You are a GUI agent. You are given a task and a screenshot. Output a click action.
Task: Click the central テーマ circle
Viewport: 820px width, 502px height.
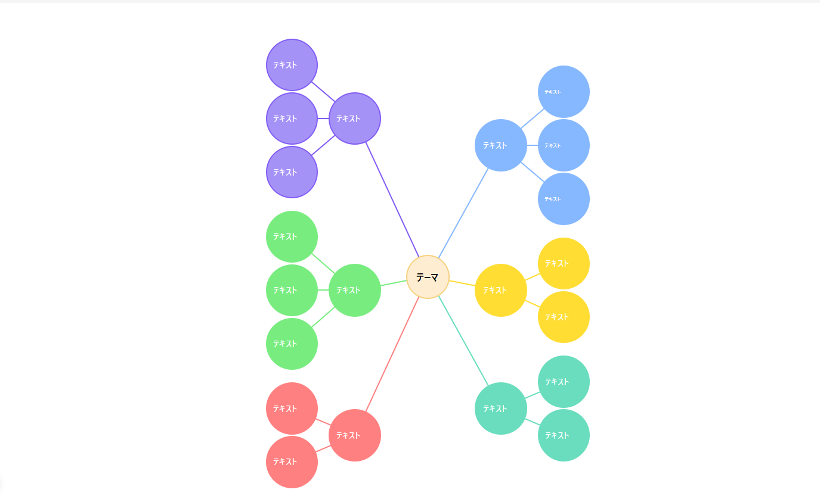tap(428, 277)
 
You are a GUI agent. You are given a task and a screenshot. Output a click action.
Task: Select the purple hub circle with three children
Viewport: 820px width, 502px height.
tap(355, 119)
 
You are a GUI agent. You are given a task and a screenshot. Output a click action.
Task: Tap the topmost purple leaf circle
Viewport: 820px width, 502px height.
tap(292, 65)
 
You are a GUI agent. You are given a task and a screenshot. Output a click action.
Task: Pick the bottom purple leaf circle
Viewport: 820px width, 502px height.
tap(292, 172)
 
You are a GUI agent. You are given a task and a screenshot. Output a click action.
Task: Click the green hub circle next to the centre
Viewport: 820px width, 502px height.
tap(355, 290)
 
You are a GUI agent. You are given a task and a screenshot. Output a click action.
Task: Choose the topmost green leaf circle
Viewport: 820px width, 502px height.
tap(292, 236)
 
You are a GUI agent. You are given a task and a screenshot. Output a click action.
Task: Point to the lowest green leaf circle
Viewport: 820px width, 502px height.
tap(292, 344)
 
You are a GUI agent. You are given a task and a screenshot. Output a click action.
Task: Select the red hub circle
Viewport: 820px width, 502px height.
tap(355, 435)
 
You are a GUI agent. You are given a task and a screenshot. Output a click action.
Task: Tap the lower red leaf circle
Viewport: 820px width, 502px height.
tap(292, 462)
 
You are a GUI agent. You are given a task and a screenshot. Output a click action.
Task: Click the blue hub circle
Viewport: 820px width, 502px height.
tap(501, 145)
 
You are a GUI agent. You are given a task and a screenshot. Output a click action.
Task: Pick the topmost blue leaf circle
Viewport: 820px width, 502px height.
tap(564, 92)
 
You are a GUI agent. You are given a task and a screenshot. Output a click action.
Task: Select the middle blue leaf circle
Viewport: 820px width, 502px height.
tap(564, 145)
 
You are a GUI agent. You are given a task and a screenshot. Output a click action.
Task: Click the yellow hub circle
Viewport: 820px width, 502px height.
tap(501, 290)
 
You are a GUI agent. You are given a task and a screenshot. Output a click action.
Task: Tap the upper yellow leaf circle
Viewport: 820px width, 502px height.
tap(564, 263)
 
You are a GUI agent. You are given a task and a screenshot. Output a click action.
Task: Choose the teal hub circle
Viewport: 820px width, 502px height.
tap(501, 409)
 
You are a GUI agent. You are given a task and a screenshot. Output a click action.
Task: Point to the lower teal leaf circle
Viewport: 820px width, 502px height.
tap(564, 435)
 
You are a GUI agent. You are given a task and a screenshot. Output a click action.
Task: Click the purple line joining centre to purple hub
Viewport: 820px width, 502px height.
tap(392, 199)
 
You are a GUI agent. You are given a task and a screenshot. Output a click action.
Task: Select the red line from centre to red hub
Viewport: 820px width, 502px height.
tap(392, 354)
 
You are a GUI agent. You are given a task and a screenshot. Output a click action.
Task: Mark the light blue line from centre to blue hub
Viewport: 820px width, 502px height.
tap(463, 213)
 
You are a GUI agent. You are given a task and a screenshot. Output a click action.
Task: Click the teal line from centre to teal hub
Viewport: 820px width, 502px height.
tap(463, 341)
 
